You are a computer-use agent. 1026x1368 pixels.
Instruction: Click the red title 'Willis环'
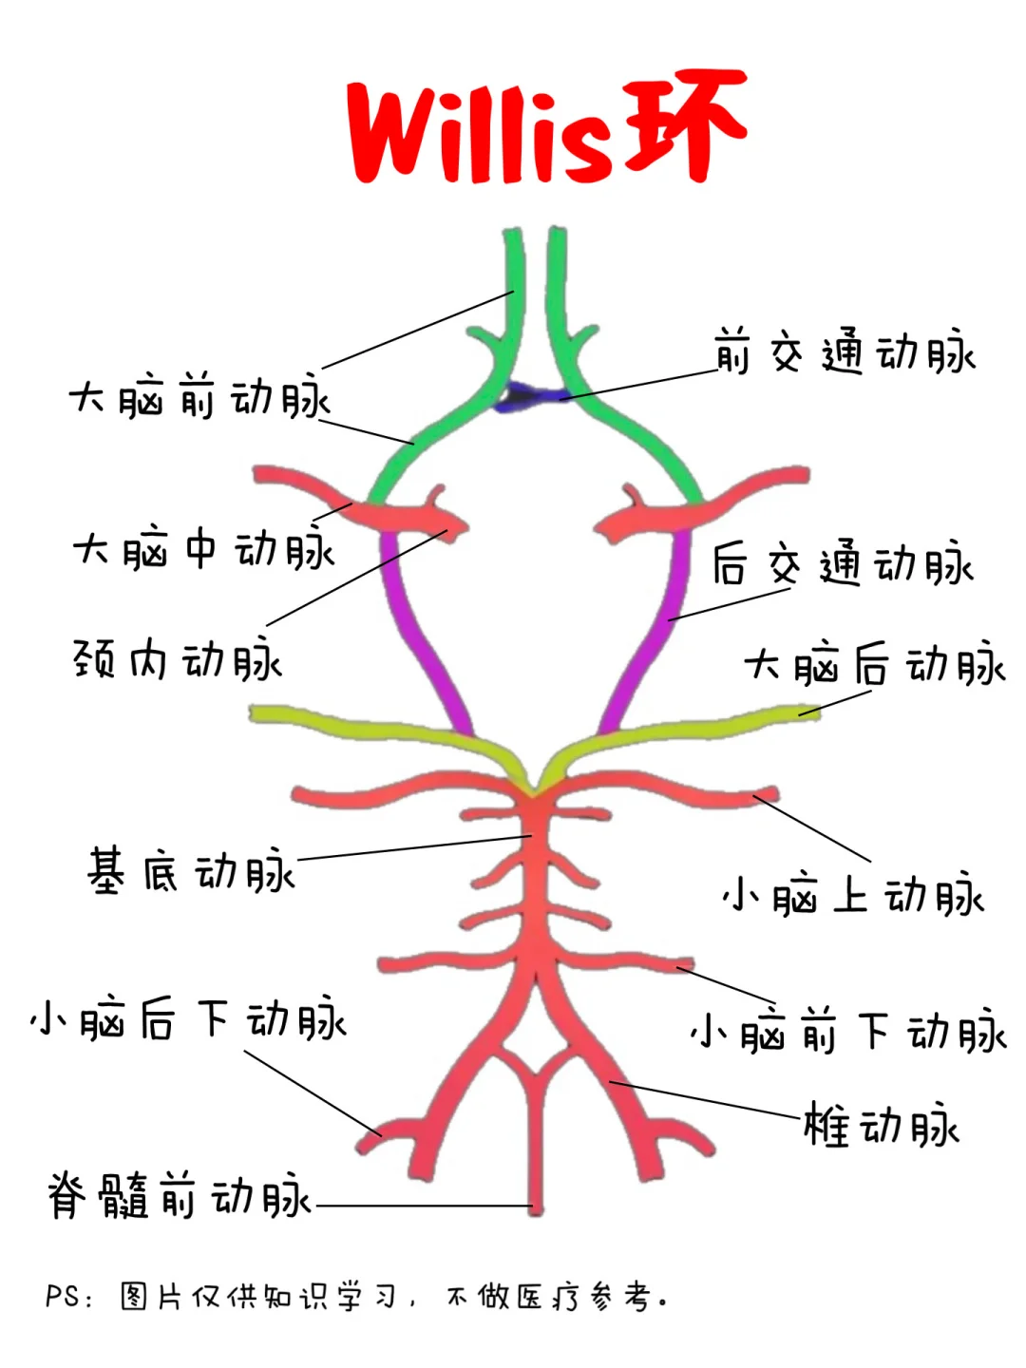[546, 126]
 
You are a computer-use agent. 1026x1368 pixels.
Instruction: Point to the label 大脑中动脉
[203, 548]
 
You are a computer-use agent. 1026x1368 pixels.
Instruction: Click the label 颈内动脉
[178, 658]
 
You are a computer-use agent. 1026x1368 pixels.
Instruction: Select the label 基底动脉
[191, 870]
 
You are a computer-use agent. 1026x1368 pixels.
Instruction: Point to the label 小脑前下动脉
[848, 1031]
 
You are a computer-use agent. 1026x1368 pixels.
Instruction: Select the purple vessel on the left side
[421, 631]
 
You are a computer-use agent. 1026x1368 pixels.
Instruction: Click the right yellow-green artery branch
[685, 725]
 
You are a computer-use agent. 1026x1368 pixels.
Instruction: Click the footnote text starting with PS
[356, 1297]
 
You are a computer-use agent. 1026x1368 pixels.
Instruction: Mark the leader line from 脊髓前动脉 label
[425, 1206]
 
